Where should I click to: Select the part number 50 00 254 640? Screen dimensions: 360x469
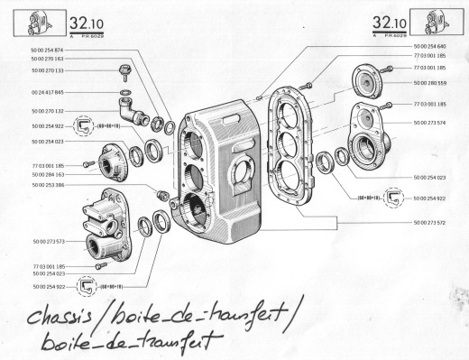432,45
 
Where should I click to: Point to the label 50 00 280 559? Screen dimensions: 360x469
432,82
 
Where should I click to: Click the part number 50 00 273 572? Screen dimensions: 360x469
432,221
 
